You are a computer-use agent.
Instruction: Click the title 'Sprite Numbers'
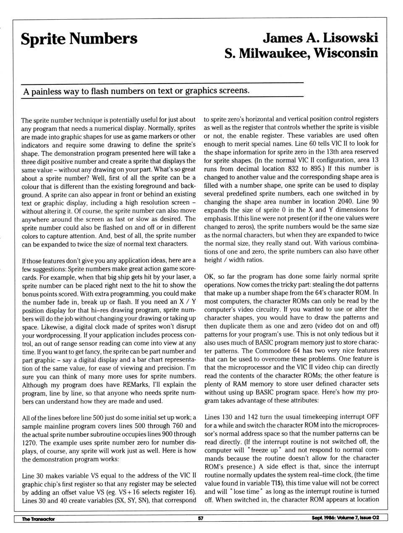(79, 39)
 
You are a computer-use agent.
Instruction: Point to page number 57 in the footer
(201, 518)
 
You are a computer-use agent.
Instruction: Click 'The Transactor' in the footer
(38, 519)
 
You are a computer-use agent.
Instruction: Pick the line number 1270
(29, 442)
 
